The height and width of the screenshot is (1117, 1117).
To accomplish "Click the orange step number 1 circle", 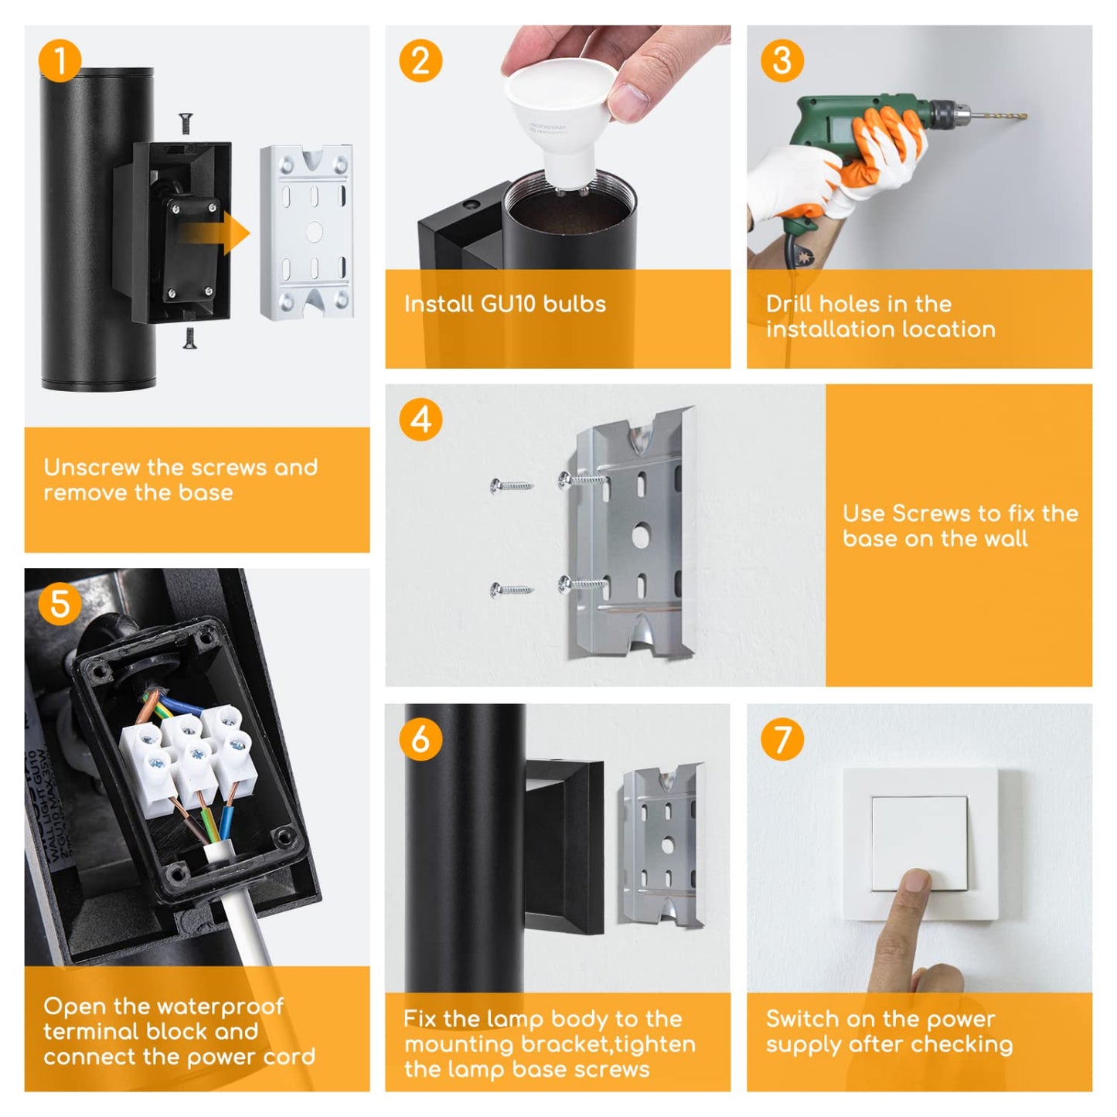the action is [60, 60].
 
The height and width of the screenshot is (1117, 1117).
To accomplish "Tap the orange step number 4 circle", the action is [421, 420].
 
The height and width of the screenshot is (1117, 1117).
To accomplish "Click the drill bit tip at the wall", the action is [1026, 117].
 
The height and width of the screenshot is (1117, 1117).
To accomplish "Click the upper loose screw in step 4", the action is [511, 485].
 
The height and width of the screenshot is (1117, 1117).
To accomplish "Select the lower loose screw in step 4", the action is [511, 590].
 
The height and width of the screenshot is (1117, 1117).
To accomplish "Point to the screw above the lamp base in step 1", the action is [186, 123].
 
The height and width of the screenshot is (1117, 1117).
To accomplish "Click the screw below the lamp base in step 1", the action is [189, 338].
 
